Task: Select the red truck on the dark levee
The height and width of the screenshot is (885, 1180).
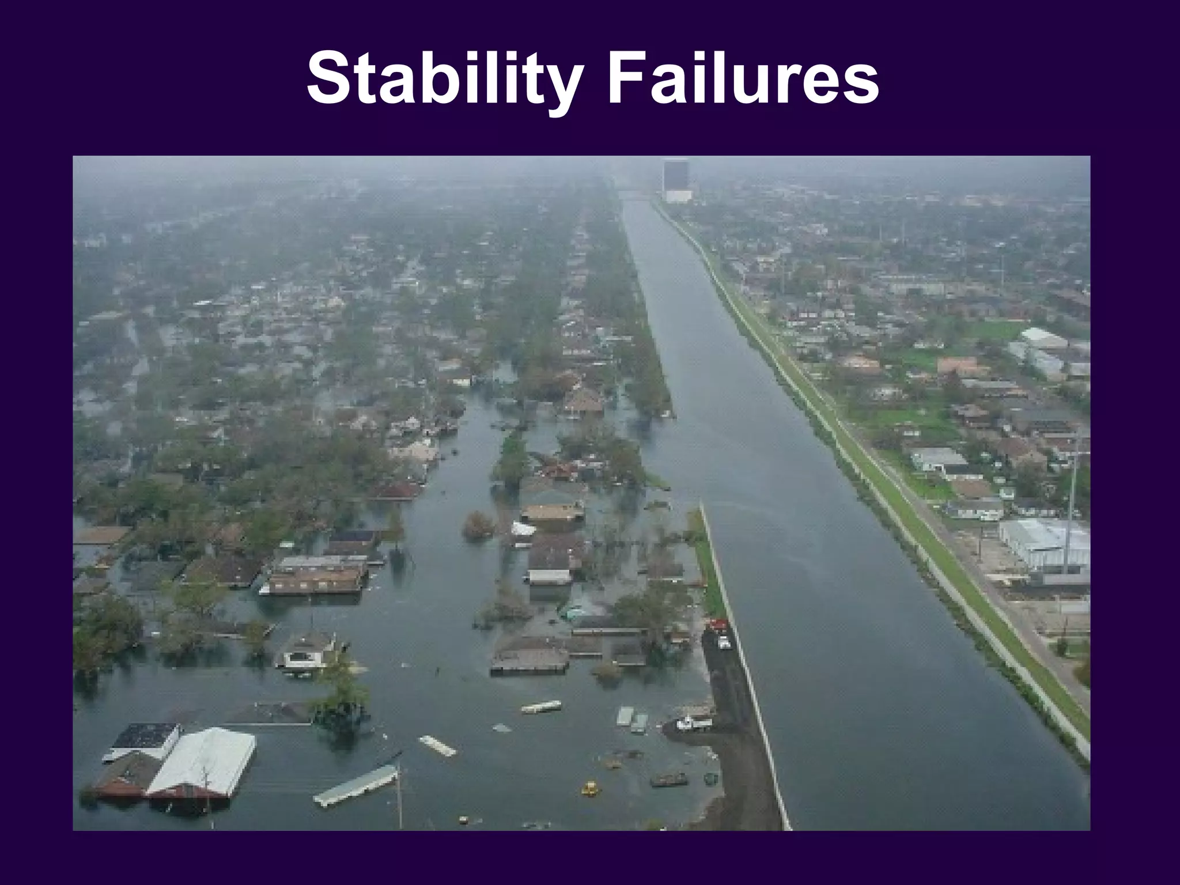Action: click(x=717, y=625)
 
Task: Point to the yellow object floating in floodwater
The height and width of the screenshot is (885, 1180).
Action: click(x=589, y=788)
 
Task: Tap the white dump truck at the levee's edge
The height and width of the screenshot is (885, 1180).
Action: click(x=693, y=723)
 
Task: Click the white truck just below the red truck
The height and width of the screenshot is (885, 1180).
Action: click(x=723, y=641)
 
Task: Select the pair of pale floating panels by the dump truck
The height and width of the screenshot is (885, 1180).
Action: click(x=632, y=720)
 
